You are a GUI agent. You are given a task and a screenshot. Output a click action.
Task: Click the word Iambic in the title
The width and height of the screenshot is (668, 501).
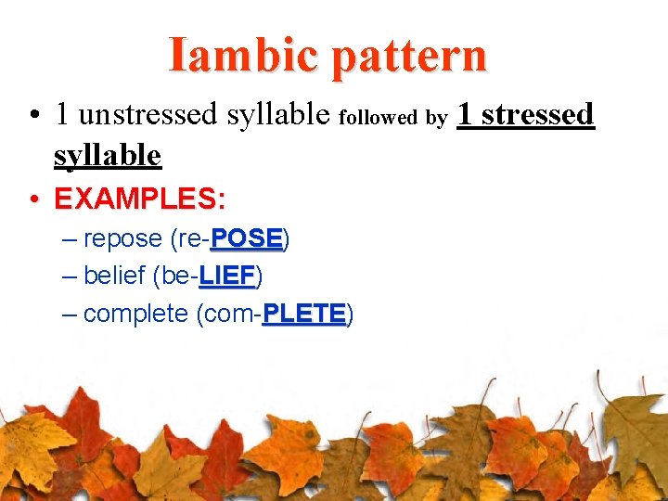244,55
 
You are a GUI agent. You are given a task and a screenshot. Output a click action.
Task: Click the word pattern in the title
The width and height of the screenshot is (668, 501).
409,57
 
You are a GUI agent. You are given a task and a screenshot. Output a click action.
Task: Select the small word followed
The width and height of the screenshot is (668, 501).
379,118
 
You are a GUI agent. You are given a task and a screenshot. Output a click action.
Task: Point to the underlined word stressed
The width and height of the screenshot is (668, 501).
538,114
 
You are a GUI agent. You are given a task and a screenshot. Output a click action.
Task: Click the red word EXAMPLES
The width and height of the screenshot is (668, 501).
135,199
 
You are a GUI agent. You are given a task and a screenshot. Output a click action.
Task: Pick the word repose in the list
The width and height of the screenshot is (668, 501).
122,240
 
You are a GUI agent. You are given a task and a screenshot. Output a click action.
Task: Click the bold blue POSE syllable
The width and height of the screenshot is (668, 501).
246,239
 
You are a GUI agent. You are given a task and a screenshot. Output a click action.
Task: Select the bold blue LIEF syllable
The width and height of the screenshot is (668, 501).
227,276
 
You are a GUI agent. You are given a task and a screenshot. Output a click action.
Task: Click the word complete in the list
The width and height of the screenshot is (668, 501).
135,314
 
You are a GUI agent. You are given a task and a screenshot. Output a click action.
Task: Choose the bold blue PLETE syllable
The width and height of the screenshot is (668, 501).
304,314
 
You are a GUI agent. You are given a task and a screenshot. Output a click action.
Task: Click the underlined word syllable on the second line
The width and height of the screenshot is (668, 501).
108,154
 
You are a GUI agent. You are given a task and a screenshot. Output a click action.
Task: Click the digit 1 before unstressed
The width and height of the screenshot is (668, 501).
62,115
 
